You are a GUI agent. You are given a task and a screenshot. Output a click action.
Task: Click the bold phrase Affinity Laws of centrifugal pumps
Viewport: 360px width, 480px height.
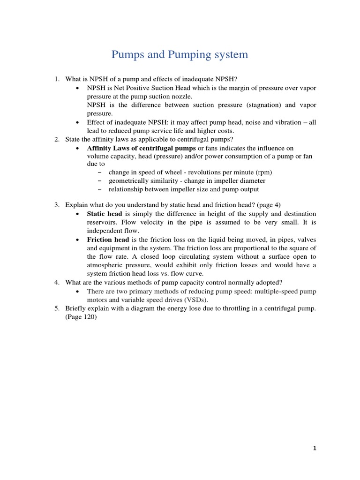(141, 148)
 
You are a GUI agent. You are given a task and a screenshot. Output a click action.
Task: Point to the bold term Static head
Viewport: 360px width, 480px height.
(104, 214)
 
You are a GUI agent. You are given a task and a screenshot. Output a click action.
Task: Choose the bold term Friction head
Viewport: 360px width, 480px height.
(107, 239)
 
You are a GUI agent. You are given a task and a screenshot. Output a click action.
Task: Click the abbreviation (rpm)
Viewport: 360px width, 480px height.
(262, 172)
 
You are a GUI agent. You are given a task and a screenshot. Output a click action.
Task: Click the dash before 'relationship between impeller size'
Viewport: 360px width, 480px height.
(101, 189)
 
